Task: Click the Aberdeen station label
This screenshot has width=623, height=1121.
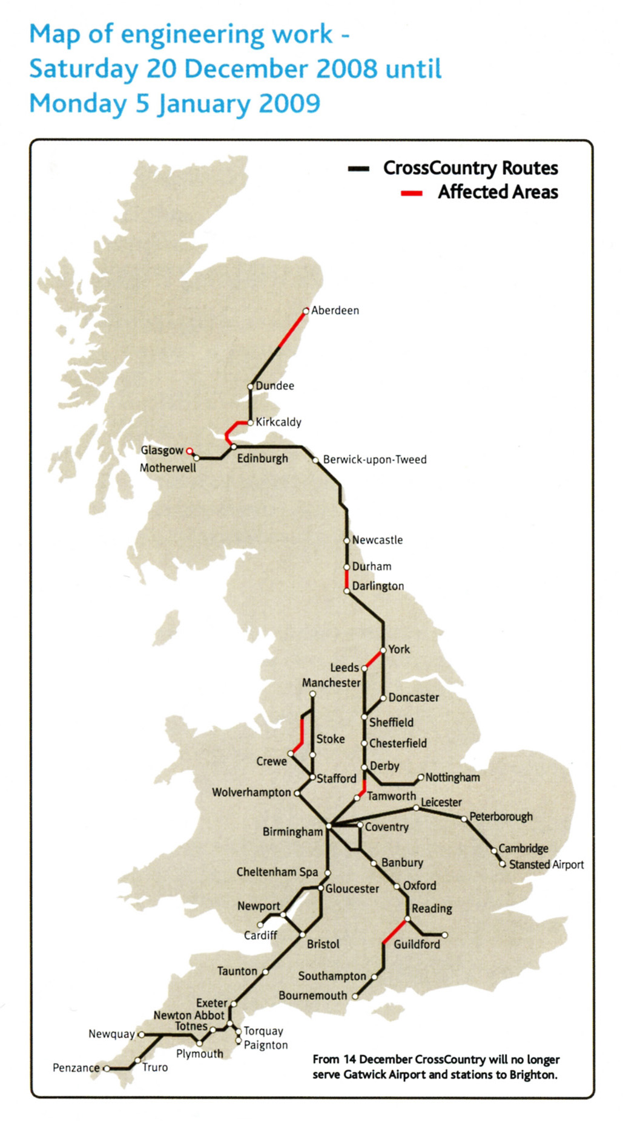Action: pos(335,310)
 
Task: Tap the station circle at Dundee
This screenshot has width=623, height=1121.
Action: pos(250,386)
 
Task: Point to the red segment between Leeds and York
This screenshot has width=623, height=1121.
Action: pos(373,659)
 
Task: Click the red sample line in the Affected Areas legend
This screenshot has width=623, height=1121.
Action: pos(412,193)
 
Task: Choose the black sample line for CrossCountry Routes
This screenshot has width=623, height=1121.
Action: pos(358,169)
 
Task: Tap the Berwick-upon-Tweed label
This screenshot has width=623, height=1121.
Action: pos(374,460)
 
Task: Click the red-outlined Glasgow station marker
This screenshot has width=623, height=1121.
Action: pos(189,451)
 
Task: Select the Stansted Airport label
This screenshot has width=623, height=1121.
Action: pos(546,864)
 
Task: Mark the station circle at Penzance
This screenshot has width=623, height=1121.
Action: pos(107,1068)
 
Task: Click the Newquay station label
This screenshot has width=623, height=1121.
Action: pos(111,1034)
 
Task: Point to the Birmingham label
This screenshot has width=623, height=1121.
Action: pos(292,832)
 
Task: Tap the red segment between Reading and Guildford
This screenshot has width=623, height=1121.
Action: pos(395,930)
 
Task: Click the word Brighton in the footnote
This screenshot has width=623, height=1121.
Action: pos(532,1074)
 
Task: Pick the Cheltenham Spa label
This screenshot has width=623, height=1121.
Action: pos(277,872)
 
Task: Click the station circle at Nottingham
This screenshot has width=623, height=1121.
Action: pos(421,777)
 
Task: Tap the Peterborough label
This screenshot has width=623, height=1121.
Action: pos(501,817)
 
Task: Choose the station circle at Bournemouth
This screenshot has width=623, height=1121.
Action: pos(355,996)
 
